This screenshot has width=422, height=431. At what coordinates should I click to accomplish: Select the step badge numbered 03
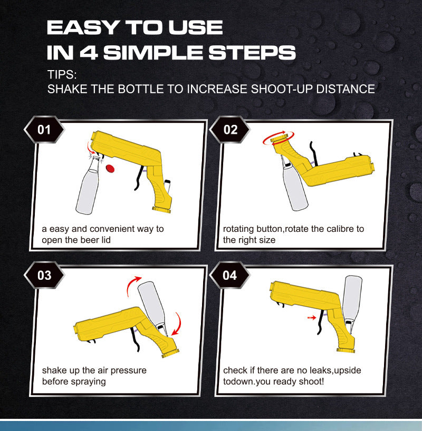(x=44, y=276)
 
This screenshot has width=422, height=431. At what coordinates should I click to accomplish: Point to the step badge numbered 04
(x=231, y=276)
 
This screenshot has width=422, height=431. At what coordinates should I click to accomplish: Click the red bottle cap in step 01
(x=111, y=168)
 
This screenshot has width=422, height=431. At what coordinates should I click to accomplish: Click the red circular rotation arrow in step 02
(x=278, y=138)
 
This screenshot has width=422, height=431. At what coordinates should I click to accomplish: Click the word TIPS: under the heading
(x=62, y=73)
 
